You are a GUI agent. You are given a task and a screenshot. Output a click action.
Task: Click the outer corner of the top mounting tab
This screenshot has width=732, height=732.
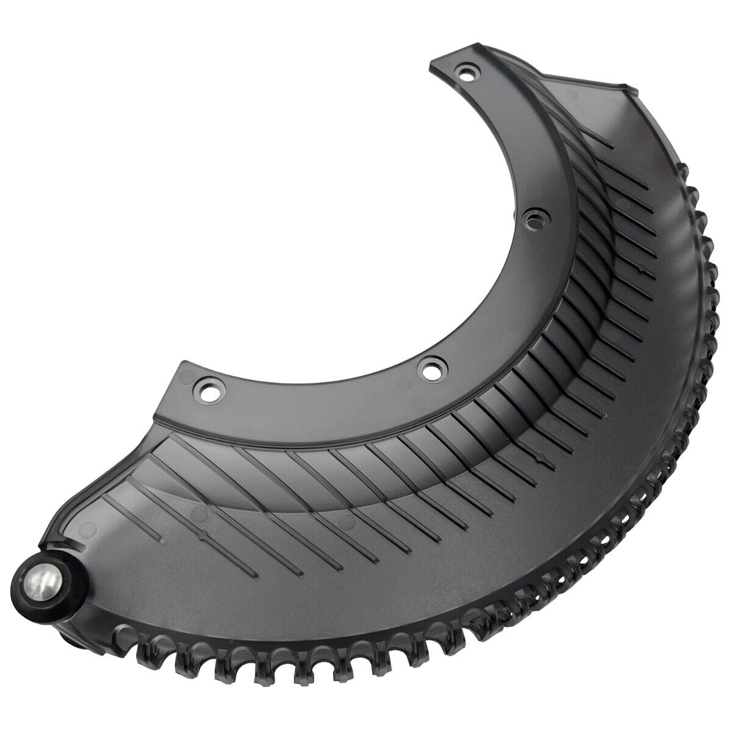point(432,62)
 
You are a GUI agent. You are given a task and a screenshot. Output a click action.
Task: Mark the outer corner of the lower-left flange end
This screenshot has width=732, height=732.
point(181,364)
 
